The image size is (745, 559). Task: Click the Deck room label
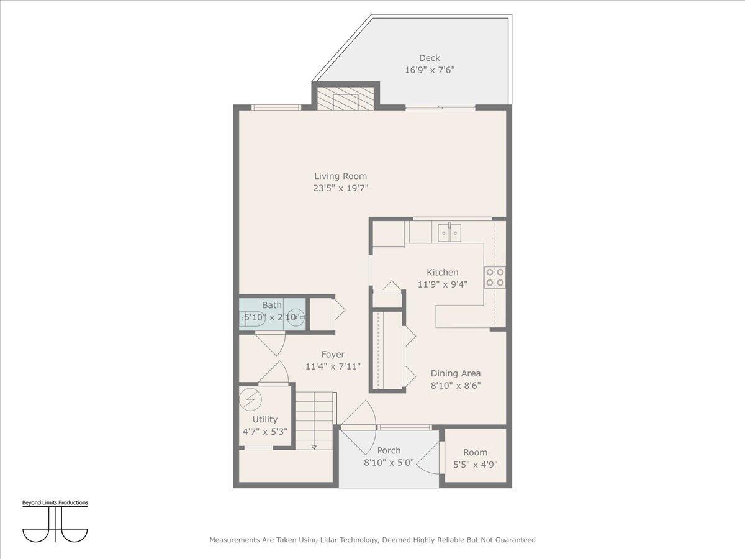click(x=429, y=58)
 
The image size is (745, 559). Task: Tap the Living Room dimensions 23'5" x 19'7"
click(x=340, y=188)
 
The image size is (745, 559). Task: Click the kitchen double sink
click(x=449, y=233)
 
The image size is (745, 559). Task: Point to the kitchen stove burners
click(x=495, y=277)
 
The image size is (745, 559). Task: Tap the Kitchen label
click(x=442, y=272)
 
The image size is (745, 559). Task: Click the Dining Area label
click(x=456, y=373)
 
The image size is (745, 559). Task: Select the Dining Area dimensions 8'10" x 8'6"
click(x=456, y=385)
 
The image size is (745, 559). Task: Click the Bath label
click(x=271, y=305)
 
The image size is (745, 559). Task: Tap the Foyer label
click(x=333, y=355)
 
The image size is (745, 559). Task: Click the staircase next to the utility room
click(x=314, y=420)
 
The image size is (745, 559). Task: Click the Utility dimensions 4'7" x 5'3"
click(x=264, y=432)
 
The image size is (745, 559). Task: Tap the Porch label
click(x=389, y=450)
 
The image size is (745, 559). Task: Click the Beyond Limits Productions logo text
click(x=55, y=502)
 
